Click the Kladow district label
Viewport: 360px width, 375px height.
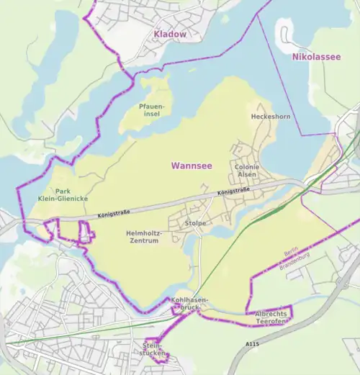[169, 34]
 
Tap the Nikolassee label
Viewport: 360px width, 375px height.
[316, 57]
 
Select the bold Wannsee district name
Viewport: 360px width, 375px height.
[191, 166]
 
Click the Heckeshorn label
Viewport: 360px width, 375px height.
[269, 116]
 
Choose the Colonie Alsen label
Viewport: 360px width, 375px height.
[247, 171]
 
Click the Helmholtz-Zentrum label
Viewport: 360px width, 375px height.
[145, 238]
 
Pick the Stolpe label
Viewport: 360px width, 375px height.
[195, 223]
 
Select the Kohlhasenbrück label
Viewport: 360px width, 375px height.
[190, 303]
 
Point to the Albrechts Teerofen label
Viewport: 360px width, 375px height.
[271, 319]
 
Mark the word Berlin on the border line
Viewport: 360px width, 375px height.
[291, 254]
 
